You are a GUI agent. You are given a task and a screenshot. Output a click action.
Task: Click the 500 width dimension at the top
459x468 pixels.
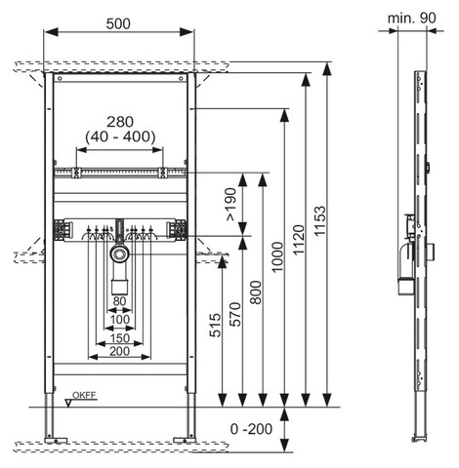[118, 23]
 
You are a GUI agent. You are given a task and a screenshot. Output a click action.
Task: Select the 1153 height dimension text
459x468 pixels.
[319, 220]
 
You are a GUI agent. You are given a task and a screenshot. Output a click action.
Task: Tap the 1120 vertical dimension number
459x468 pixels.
[298, 240]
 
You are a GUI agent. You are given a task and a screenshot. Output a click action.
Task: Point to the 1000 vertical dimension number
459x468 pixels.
[277, 257]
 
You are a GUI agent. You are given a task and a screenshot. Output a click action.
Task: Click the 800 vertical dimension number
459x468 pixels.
[256, 292]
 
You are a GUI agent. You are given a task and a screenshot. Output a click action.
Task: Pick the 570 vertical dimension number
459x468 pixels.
[235, 314]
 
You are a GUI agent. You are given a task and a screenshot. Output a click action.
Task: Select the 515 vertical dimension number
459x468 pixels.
[215, 325]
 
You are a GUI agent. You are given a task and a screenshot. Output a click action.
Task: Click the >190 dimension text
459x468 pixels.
[230, 205]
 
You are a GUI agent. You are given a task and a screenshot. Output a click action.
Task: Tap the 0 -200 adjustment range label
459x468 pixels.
[251, 429]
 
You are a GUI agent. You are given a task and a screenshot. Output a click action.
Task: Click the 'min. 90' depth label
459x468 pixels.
[411, 19]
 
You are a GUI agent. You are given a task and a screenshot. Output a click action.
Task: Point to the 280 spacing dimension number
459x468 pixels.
[120, 122]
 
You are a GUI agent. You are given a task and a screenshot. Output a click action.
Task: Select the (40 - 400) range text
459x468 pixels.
[120, 136]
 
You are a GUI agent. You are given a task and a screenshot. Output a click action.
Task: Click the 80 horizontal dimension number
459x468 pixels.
[119, 301]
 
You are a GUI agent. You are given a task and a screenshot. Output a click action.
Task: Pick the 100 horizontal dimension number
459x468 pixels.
[120, 320]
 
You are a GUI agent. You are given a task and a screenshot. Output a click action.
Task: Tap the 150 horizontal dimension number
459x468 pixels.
[120, 338]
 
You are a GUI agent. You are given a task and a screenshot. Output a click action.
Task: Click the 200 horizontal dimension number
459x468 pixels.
[120, 351]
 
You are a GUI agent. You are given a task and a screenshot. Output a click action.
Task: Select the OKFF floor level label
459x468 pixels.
[84, 395]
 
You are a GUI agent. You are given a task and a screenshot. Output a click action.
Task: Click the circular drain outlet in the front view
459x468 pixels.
[120, 253]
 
